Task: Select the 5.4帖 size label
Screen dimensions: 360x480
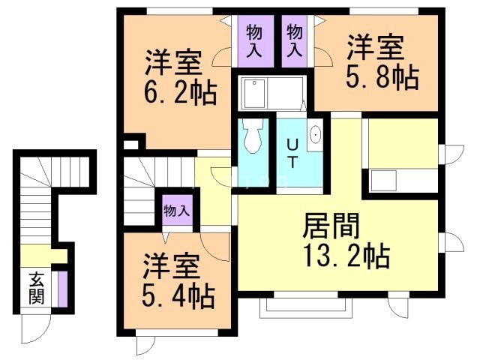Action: (178, 295)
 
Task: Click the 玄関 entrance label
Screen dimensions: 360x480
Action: (36, 287)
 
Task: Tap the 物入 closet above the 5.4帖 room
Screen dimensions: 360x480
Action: (177, 210)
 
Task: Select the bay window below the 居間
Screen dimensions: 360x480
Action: (288, 304)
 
